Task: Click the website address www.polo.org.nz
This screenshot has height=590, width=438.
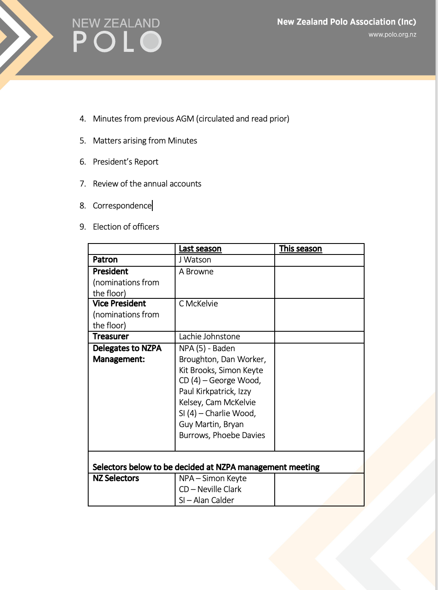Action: [x=392, y=35]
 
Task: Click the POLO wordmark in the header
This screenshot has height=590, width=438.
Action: [x=117, y=42]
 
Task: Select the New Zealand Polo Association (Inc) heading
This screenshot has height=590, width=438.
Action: [x=346, y=22]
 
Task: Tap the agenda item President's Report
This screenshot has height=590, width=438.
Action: [x=125, y=162]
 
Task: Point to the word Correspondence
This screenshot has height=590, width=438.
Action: [x=122, y=206]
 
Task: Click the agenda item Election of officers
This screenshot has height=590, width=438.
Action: [x=126, y=227]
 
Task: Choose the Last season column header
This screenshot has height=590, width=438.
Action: [x=200, y=249]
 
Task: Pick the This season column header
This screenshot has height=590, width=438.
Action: [x=300, y=249]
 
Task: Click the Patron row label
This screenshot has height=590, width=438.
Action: [x=105, y=260]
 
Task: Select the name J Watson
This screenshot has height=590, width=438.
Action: [x=195, y=260]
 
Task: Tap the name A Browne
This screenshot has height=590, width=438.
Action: [x=196, y=272]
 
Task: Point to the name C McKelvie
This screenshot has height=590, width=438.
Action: [x=198, y=304]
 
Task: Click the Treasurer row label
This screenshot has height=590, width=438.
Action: [x=111, y=337]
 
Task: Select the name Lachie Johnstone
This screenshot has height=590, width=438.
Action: [x=209, y=337]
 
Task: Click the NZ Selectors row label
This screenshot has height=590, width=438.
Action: [x=116, y=479]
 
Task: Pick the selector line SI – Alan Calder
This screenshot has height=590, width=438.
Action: [x=206, y=501]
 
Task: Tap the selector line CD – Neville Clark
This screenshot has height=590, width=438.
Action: [x=210, y=490]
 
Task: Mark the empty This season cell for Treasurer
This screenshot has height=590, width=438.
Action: [x=319, y=337]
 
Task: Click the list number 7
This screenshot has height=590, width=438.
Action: [x=82, y=184]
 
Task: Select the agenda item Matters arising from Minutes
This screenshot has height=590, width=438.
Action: [x=145, y=141]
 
